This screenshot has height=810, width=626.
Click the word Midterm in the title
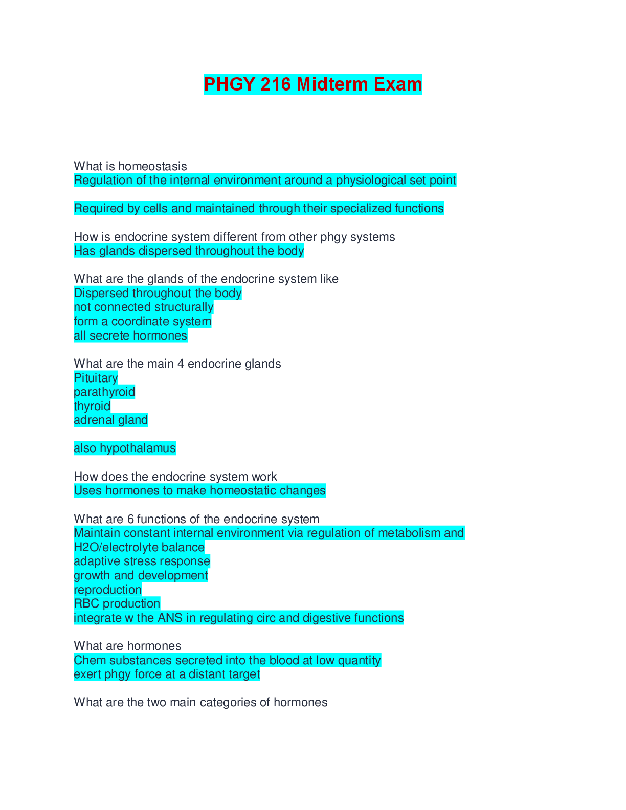click(x=332, y=84)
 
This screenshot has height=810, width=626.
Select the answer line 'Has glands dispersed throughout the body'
click(x=189, y=251)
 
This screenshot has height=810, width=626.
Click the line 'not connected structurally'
click(x=143, y=307)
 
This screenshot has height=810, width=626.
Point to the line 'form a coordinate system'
click(x=142, y=321)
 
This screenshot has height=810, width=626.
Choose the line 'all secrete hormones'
click(x=130, y=335)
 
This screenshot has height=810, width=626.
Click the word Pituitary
click(x=96, y=378)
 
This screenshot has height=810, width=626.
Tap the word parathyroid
click(x=104, y=392)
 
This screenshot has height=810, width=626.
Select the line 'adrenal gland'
click(x=110, y=420)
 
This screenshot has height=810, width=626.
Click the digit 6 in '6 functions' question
click(x=130, y=519)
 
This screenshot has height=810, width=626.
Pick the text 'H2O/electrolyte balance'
click(x=139, y=547)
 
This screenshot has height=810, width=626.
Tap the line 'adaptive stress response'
click(x=142, y=561)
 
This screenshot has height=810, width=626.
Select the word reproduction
click(x=107, y=590)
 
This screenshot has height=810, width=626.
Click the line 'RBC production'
click(x=117, y=603)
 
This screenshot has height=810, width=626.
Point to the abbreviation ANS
click(x=170, y=618)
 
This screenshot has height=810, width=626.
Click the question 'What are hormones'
click(x=127, y=646)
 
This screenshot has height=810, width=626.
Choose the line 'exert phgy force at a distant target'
click(x=167, y=674)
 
